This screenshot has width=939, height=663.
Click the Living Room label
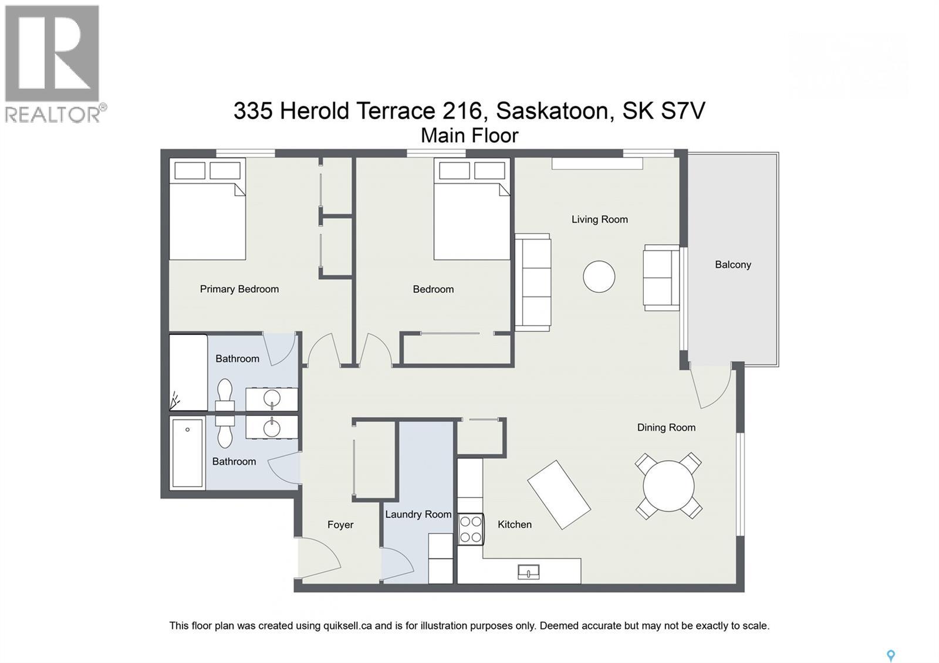599,219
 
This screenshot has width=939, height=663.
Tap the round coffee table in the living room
599,276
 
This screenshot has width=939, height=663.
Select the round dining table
668,486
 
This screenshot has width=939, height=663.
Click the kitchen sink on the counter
528,571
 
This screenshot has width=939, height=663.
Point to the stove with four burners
471,529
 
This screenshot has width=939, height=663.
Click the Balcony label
732,265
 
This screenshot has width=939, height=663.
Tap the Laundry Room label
418,515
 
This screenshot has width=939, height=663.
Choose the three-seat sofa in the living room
532,282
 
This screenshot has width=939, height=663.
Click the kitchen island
558,494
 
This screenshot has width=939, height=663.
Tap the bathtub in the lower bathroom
187,452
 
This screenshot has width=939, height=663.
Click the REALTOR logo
53,63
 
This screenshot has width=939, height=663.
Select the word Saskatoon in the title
551,110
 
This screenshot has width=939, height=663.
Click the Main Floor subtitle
469,136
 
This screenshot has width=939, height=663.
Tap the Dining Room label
666,428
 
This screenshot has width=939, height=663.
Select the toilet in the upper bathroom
225,396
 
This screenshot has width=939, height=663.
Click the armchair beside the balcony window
661,278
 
